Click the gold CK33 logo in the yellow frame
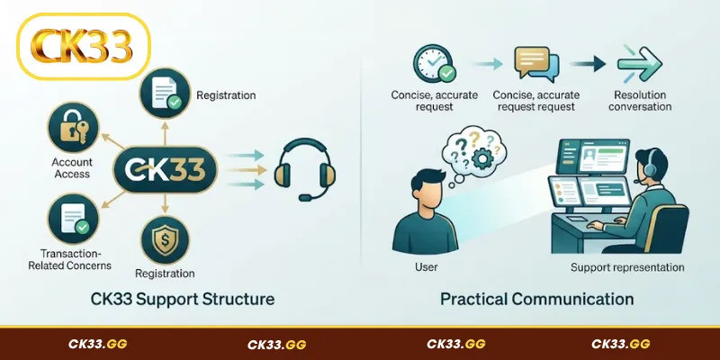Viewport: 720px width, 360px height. coord(82,46)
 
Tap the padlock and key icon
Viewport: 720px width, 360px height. coord(73,127)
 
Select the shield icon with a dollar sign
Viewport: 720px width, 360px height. coord(166,240)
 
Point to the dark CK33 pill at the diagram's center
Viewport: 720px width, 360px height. coord(166,169)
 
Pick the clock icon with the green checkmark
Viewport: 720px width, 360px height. coord(434,64)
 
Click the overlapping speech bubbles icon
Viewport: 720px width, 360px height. coord(536,64)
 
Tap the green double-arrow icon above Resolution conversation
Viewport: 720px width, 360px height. coord(640,63)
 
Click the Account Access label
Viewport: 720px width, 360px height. coord(72,167)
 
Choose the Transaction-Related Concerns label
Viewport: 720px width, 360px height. coord(70,259)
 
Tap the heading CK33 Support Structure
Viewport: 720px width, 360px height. coord(183,300)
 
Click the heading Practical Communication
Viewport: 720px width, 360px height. coord(536,300)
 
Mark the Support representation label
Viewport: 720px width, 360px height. coord(627,267)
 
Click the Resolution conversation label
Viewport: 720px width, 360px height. coord(640,101)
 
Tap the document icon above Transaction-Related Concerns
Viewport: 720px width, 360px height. coord(73,219)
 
